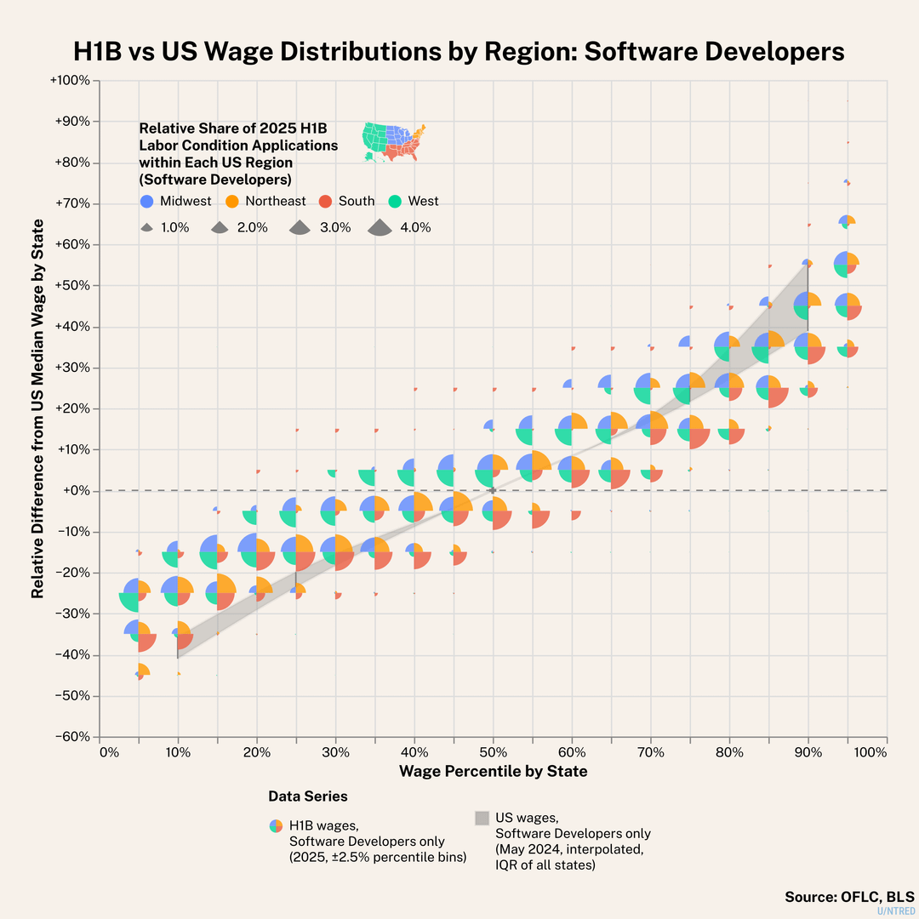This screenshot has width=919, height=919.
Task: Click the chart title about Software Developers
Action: (x=459, y=51)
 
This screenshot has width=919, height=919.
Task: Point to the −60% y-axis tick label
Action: (x=75, y=737)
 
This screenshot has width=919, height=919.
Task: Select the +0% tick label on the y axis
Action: (x=81, y=491)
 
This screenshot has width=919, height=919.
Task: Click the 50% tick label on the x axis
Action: (x=493, y=753)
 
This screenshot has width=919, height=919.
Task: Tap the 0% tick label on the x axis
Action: (x=109, y=753)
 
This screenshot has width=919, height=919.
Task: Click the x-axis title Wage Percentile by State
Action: (x=493, y=772)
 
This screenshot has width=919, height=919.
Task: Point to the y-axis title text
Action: (x=38, y=408)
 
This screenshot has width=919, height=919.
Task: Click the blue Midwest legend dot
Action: (x=147, y=201)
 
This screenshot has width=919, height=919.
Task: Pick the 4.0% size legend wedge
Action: (x=379, y=227)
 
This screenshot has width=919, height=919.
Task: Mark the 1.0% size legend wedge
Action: (x=147, y=228)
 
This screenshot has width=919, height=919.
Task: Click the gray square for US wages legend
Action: (x=482, y=818)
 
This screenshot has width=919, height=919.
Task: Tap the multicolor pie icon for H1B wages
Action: (x=276, y=825)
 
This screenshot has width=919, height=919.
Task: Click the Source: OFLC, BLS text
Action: (x=848, y=897)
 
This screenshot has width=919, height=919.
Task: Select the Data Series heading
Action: (x=308, y=796)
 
